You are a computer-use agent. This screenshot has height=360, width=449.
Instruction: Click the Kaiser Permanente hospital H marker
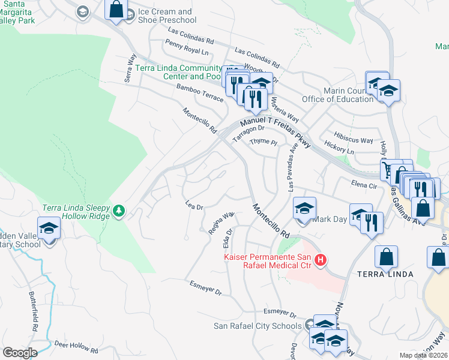pos(321,260)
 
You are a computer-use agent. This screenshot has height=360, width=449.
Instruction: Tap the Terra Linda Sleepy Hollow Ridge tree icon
pos(119,210)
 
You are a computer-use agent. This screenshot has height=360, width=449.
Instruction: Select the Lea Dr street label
pos(194,205)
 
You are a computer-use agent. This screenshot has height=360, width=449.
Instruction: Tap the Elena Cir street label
pos(364,186)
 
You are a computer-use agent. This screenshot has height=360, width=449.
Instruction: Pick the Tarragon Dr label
pos(249,133)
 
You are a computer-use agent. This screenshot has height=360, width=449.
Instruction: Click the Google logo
pos(20,352)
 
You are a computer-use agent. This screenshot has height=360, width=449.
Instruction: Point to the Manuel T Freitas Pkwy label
pos(273,127)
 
